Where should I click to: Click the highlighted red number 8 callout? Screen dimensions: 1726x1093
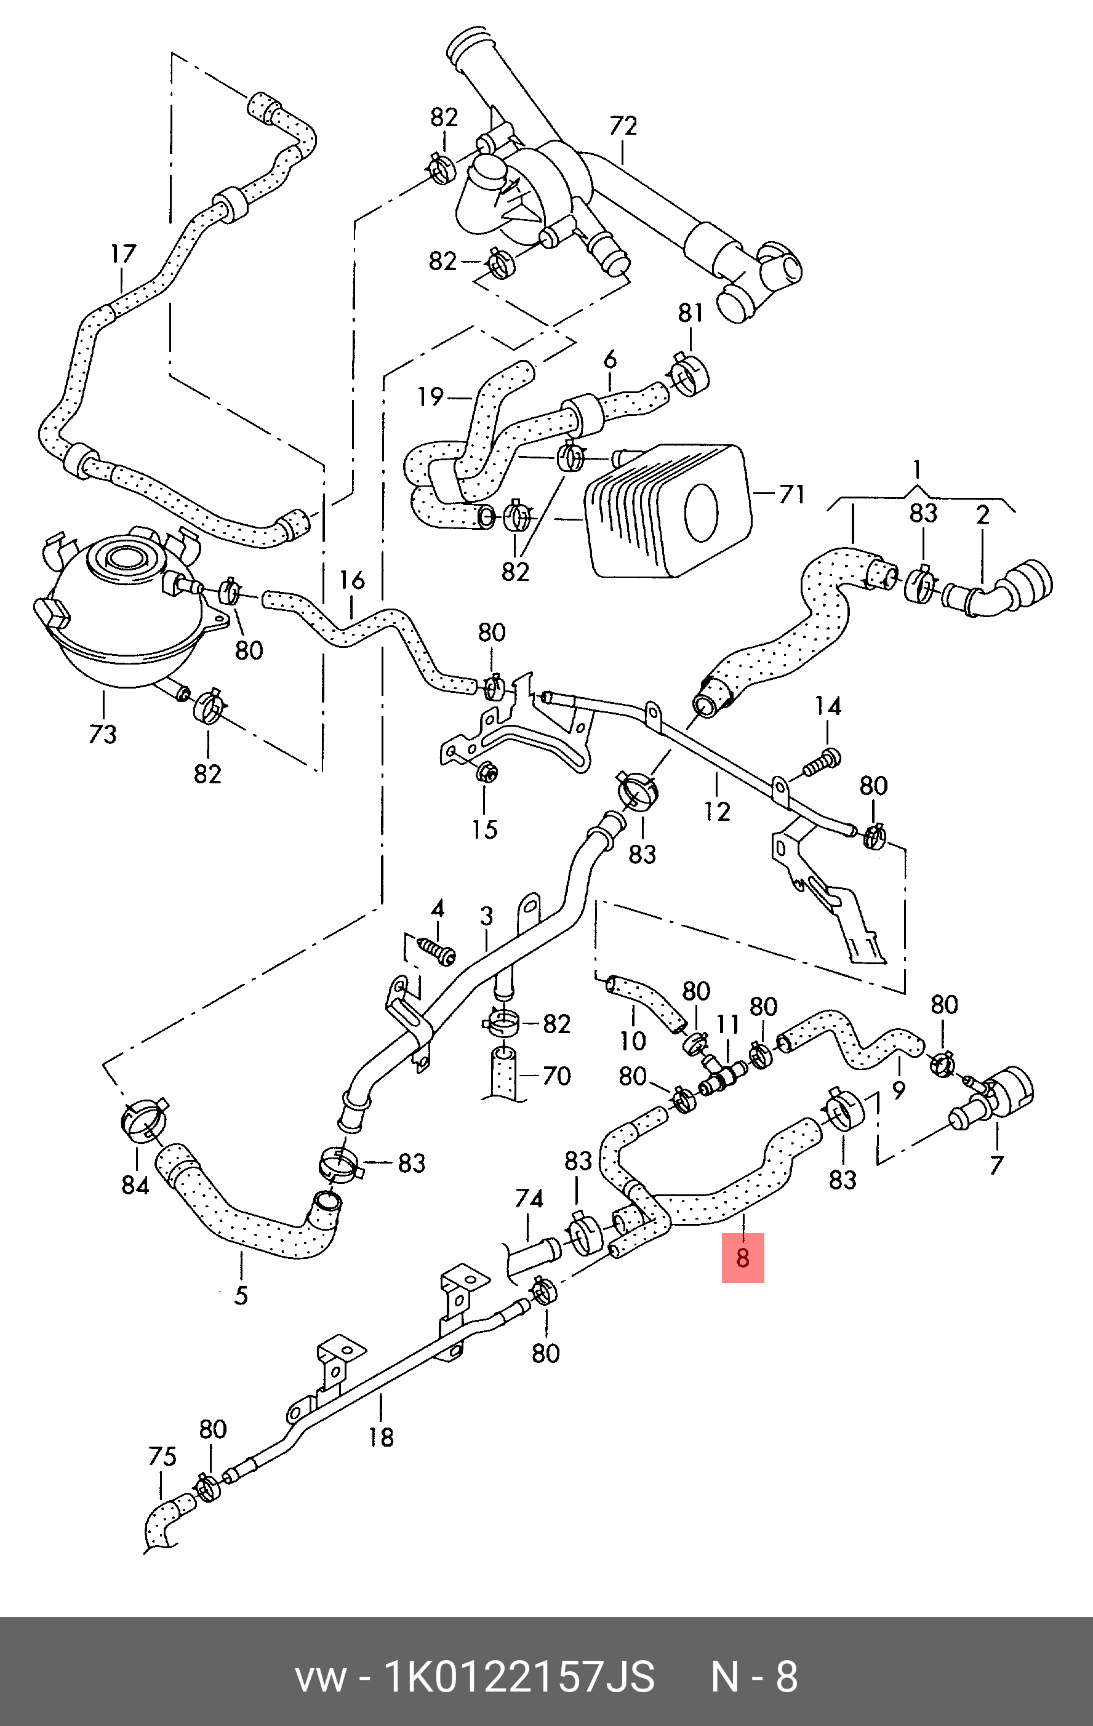tap(743, 1257)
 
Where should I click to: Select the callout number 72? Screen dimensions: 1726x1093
tap(623, 126)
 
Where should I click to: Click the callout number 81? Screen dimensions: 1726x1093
tap(691, 313)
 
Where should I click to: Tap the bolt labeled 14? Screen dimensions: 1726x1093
tap(822, 762)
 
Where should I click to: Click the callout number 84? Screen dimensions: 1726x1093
tap(135, 1186)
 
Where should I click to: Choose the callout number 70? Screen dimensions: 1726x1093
tap(557, 1075)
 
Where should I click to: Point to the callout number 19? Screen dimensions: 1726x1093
tap(431, 396)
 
